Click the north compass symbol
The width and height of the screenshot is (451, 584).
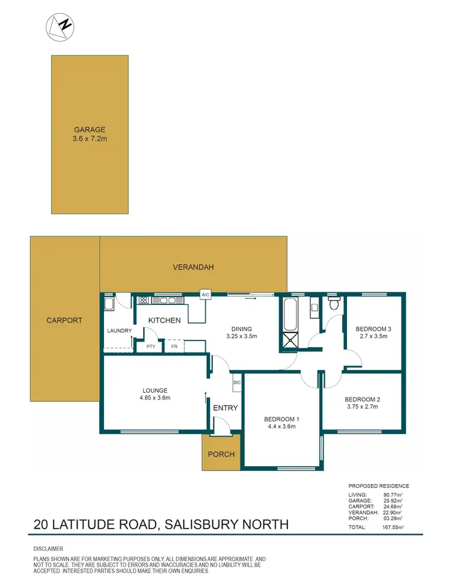click(60, 26)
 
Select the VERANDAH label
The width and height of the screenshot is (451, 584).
click(193, 267)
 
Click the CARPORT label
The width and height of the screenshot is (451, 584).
click(64, 321)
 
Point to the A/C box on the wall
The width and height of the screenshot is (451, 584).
click(205, 294)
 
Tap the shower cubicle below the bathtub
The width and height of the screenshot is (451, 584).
click(290, 342)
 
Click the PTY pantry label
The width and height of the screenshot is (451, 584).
click(151, 347)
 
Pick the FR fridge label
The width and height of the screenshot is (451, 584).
click(174, 347)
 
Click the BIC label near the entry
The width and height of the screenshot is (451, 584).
click(236, 383)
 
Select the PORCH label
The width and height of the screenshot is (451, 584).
click(221, 454)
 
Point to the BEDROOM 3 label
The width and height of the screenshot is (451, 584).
click(373, 328)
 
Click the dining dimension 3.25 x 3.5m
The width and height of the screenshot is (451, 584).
click(241, 336)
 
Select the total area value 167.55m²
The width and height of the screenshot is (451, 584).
click(394, 527)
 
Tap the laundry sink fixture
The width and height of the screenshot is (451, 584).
click(109, 304)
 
